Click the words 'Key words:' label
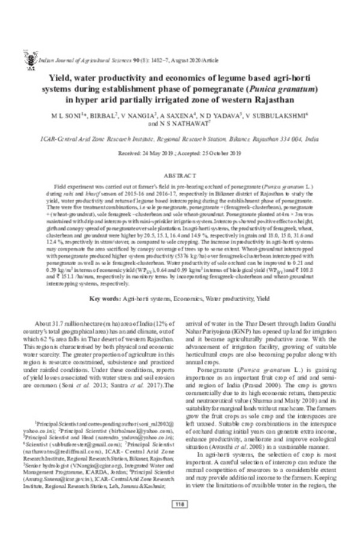[x=106, y=298]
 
